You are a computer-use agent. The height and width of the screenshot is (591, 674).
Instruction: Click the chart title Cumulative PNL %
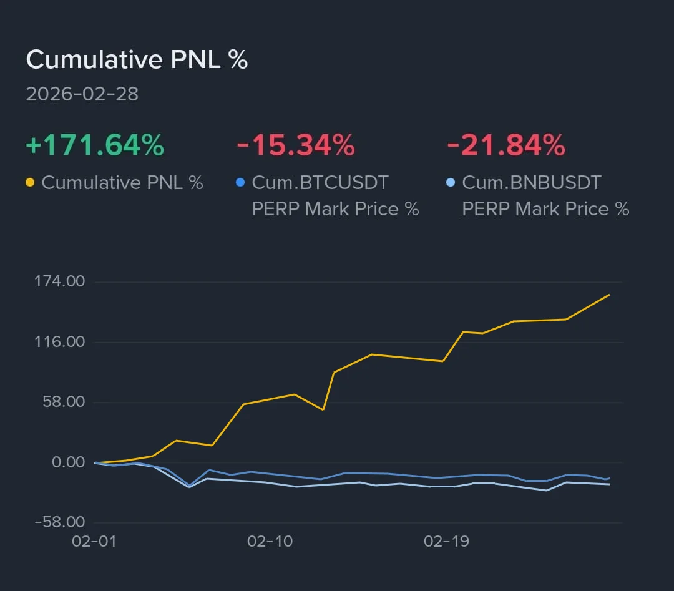pos(137,60)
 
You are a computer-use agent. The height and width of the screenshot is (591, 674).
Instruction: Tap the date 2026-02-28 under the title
pos(82,94)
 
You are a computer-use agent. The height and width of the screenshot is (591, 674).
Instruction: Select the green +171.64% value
pos(95,145)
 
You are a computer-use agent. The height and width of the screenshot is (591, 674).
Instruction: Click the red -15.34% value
pos(295,145)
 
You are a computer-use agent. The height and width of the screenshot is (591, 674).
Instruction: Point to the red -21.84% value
pos(506,145)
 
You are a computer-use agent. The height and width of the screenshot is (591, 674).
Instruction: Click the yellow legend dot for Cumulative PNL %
pos(30,183)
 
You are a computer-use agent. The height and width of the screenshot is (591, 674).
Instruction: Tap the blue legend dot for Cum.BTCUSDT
pos(240,183)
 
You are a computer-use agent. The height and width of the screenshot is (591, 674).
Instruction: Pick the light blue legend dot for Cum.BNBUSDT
pos(451,183)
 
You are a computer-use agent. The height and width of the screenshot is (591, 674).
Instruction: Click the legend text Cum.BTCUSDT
pos(320,183)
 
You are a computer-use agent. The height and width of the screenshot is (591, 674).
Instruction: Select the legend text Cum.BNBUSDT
pos(532,183)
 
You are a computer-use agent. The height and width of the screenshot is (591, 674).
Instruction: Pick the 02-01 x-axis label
pos(94,541)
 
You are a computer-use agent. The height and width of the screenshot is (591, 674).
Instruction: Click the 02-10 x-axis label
pos(270,541)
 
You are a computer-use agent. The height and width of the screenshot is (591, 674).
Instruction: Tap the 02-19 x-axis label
pos(446,541)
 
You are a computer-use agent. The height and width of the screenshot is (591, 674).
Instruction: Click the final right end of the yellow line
pos(609,295)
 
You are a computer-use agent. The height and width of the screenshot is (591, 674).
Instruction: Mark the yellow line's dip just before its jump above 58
pos(212,445)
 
